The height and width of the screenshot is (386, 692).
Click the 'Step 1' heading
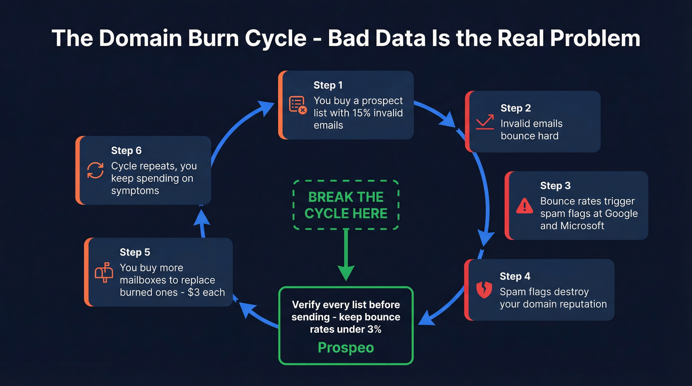coord(328,85)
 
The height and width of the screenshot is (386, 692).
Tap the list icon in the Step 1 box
coord(298,105)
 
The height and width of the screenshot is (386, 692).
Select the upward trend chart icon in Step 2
coord(485,122)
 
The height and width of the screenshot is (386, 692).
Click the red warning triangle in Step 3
coord(524,206)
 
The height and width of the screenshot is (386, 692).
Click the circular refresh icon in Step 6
coord(95,170)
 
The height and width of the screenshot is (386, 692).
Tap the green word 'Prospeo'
coord(346,347)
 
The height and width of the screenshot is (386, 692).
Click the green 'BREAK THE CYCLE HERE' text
coord(346,205)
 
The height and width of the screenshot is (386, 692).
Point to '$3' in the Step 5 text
coord(194,292)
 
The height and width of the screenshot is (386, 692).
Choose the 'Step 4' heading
coord(515,276)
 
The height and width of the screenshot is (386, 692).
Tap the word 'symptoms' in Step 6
coord(135,191)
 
